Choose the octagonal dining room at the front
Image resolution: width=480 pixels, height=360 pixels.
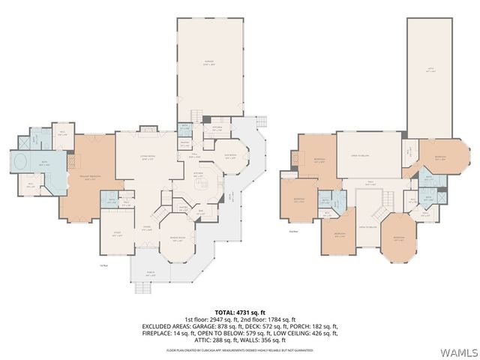click(x=179, y=238)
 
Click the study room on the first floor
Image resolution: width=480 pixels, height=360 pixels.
click(x=118, y=232)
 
